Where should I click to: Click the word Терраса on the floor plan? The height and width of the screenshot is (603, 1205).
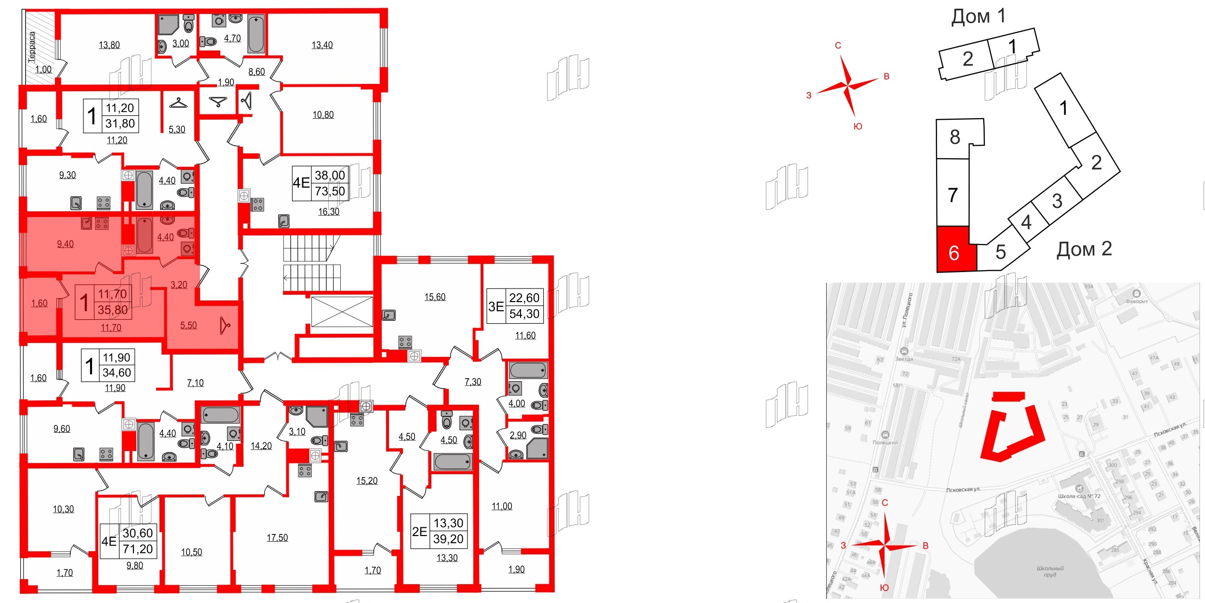(x=32, y=47)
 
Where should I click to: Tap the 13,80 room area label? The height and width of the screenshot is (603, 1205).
(x=109, y=45)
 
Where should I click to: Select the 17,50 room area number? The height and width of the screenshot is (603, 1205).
(x=277, y=537)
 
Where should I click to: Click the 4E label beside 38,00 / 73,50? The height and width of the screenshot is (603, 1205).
(x=301, y=183)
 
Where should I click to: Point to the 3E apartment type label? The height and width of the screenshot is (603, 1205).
(x=496, y=306)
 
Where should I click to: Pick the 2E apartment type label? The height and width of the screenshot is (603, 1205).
(x=419, y=532)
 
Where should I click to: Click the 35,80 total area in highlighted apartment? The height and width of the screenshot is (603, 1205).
(x=113, y=310)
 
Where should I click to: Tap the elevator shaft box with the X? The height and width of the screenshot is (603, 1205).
(x=342, y=312)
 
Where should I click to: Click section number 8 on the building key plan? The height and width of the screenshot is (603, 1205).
(x=955, y=137)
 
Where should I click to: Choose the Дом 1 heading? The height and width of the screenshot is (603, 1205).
(x=978, y=16)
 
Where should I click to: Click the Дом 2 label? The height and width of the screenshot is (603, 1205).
(x=1084, y=249)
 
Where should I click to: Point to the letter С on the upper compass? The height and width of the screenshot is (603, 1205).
(x=838, y=46)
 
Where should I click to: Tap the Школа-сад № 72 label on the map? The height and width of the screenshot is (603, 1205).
(x=1079, y=496)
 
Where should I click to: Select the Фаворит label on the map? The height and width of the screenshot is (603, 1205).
(x=1137, y=301)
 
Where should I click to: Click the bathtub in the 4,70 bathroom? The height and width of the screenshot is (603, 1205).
(x=256, y=34)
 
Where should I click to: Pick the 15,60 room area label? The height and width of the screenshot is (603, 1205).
(x=435, y=297)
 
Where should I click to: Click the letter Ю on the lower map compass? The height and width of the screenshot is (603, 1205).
(x=884, y=588)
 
